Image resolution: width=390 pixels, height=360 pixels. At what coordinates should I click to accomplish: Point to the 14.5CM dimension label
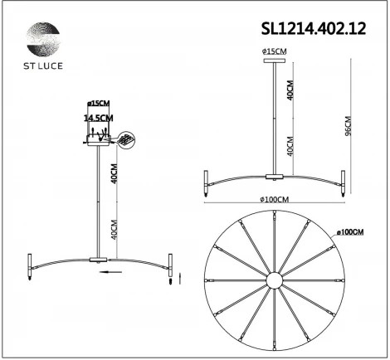click(x=98, y=119)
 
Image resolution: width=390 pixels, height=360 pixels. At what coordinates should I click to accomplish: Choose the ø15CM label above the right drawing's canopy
click(x=273, y=52)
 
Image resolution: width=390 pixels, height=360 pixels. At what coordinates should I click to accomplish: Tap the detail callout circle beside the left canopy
click(x=126, y=141)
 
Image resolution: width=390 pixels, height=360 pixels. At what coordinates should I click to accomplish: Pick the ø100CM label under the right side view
click(x=273, y=200)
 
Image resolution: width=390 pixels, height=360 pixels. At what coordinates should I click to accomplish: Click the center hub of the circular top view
click(x=275, y=282)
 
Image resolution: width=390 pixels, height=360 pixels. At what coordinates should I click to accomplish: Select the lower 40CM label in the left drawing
click(x=114, y=228)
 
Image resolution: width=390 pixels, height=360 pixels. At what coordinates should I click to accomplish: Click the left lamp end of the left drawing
click(x=30, y=264)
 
